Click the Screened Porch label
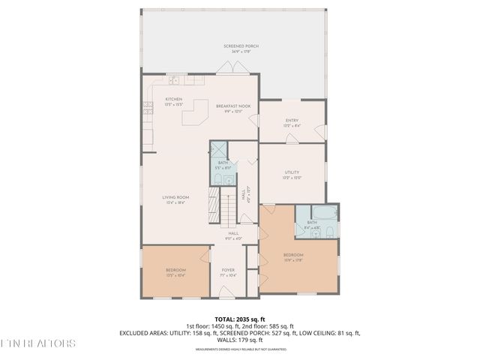pyautogui.click(x=235, y=49)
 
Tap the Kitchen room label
pyautogui.click(x=174, y=102)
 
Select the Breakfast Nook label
pyautogui.click(x=233, y=109)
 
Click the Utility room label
pyautogui.click(x=292, y=175)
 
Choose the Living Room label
pyautogui.click(x=174, y=200)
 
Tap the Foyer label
pyautogui.click(x=228, y=273)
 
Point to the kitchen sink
pyautogui.click(x=173, y=80)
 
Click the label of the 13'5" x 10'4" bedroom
pyautogui.click(x=175, y=272)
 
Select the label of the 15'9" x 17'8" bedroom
pyautogui.click(x=293, y=258)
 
